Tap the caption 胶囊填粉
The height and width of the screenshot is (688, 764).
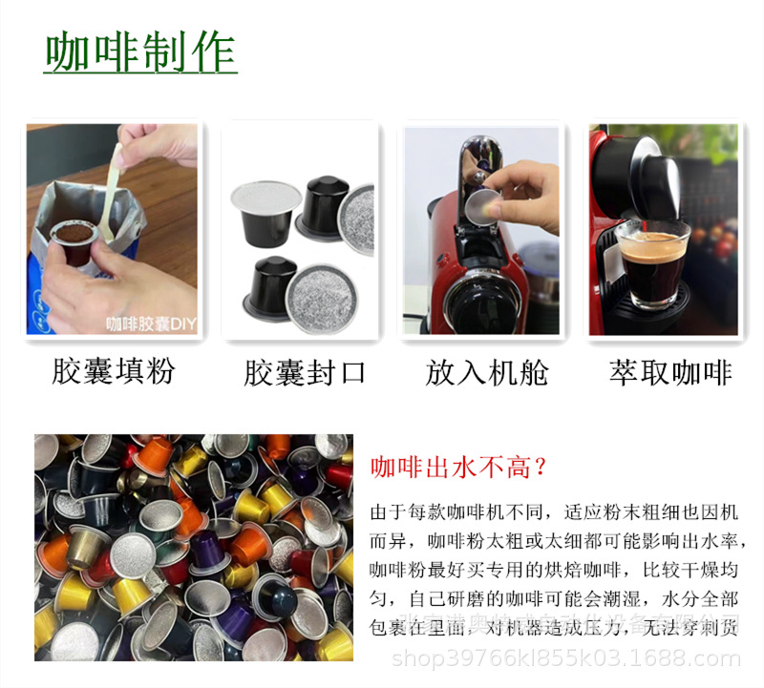113,370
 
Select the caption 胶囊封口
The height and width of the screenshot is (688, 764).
305,370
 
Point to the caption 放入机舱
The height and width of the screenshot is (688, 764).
487,370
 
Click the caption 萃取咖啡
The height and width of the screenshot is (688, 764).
670,370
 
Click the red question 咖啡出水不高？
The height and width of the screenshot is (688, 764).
458,468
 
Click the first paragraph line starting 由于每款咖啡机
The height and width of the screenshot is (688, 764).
554,512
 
